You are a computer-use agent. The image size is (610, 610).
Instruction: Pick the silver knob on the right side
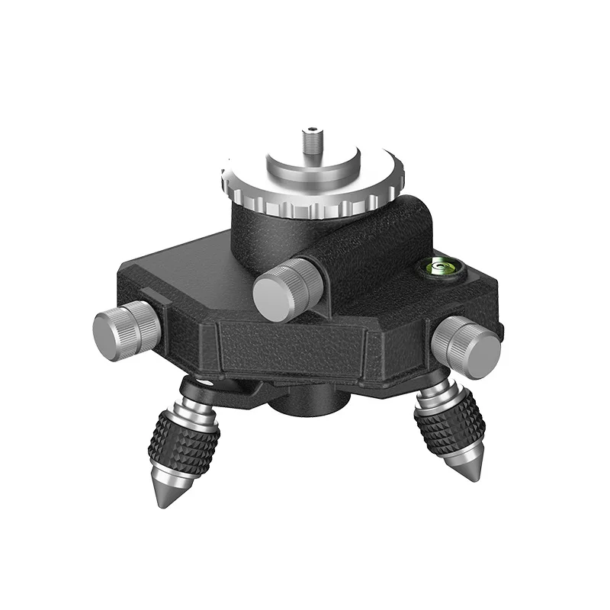(x=466, y=347)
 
